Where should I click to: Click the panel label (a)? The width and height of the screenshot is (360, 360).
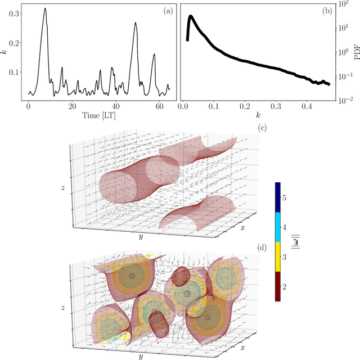[167, 11]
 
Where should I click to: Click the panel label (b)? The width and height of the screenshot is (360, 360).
[325, 11]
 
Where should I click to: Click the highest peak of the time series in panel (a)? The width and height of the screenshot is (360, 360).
[45, 8]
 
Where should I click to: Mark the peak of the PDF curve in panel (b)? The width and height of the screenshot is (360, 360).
[191, 16]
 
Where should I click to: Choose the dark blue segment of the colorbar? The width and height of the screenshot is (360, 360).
[278, 197]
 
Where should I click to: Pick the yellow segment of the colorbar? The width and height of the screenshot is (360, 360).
[278, 257]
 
